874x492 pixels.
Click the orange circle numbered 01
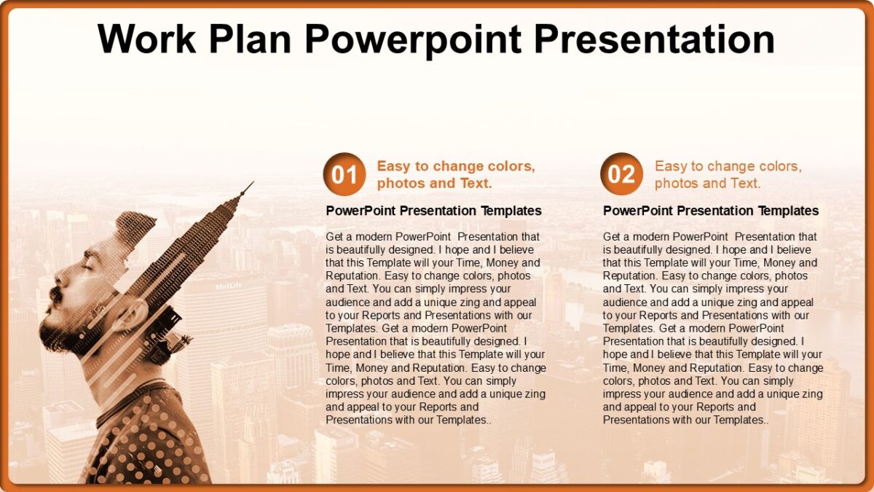[344, 174]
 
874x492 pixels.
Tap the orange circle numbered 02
[621, 174]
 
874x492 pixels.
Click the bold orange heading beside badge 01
[455, 174]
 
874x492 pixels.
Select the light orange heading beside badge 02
[728, 174]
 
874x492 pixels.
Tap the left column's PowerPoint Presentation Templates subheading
[433, 211]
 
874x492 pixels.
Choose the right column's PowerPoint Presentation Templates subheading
[711, 211]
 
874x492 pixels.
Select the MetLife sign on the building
[228, 286]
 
